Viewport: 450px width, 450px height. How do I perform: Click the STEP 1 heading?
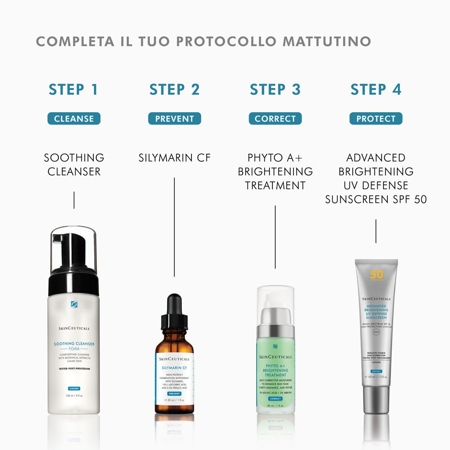click(x=74, y=90)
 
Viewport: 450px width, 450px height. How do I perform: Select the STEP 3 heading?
click(x=275, y=90)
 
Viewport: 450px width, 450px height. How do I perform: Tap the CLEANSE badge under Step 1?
click(x=74, y=119)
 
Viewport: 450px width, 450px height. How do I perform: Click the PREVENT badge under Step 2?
click(x=174, y=119)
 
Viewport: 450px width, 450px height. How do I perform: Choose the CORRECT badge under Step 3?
click(x=275, y=119)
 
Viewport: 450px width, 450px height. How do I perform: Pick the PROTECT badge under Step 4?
click(x=376, y=119)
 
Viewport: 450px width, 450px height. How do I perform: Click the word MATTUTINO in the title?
click(x=326, y=41)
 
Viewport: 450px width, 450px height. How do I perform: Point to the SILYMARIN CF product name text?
click(x=174, y=157)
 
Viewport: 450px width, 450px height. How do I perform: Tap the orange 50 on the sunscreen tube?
click(x=377, y=275)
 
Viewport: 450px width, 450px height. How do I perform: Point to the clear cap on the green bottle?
click(x=275, y=299)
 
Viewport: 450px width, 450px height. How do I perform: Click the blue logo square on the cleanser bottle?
click(x=74, y=304)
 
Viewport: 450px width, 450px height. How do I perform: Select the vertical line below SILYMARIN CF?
click(x=174, y=227)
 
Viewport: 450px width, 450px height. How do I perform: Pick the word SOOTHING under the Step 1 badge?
click(x=74, y=157)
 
